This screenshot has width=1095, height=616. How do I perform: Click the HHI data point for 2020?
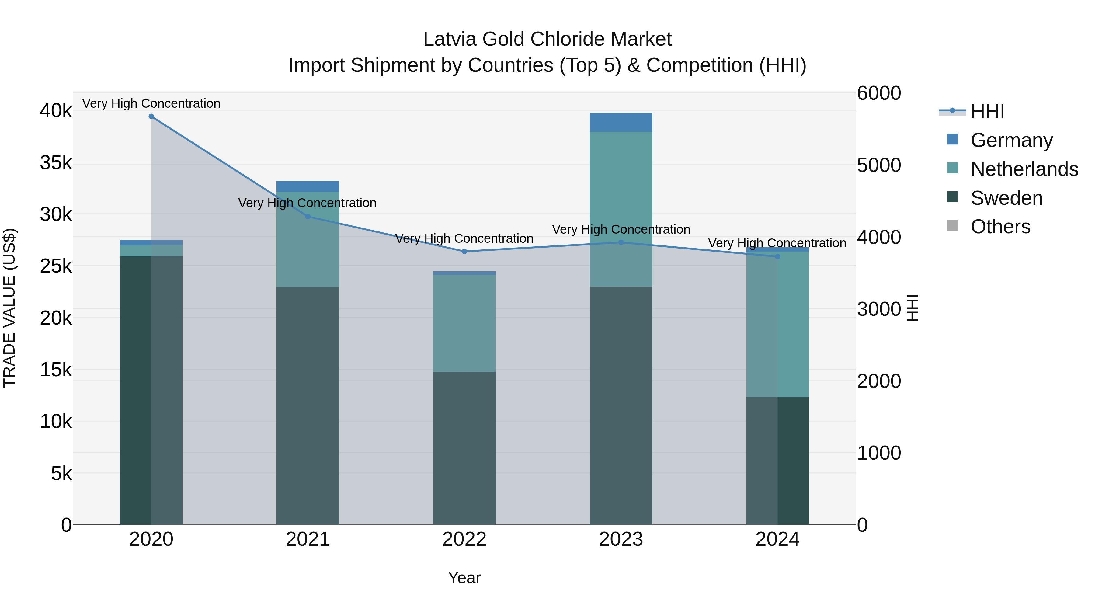(x=151, y=117)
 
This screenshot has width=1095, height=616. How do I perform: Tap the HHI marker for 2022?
(x=464, y=252)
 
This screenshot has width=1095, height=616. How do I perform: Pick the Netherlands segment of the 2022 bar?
(x=464, y=323)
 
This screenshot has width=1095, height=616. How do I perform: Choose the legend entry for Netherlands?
(x=1024, y=169)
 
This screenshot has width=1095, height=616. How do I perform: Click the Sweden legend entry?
(x=1006, y=198)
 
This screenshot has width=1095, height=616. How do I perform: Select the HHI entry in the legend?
(x=987, y=111)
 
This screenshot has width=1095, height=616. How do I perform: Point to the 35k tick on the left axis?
(x=56, y=163)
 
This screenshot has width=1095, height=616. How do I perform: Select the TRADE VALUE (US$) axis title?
(x=9, y=308)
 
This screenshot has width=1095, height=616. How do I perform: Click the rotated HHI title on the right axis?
(x=912, y=308)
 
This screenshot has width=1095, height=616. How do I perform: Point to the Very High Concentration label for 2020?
(x=151, y=104)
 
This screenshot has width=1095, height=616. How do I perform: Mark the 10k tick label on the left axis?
(x=56, y=422)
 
